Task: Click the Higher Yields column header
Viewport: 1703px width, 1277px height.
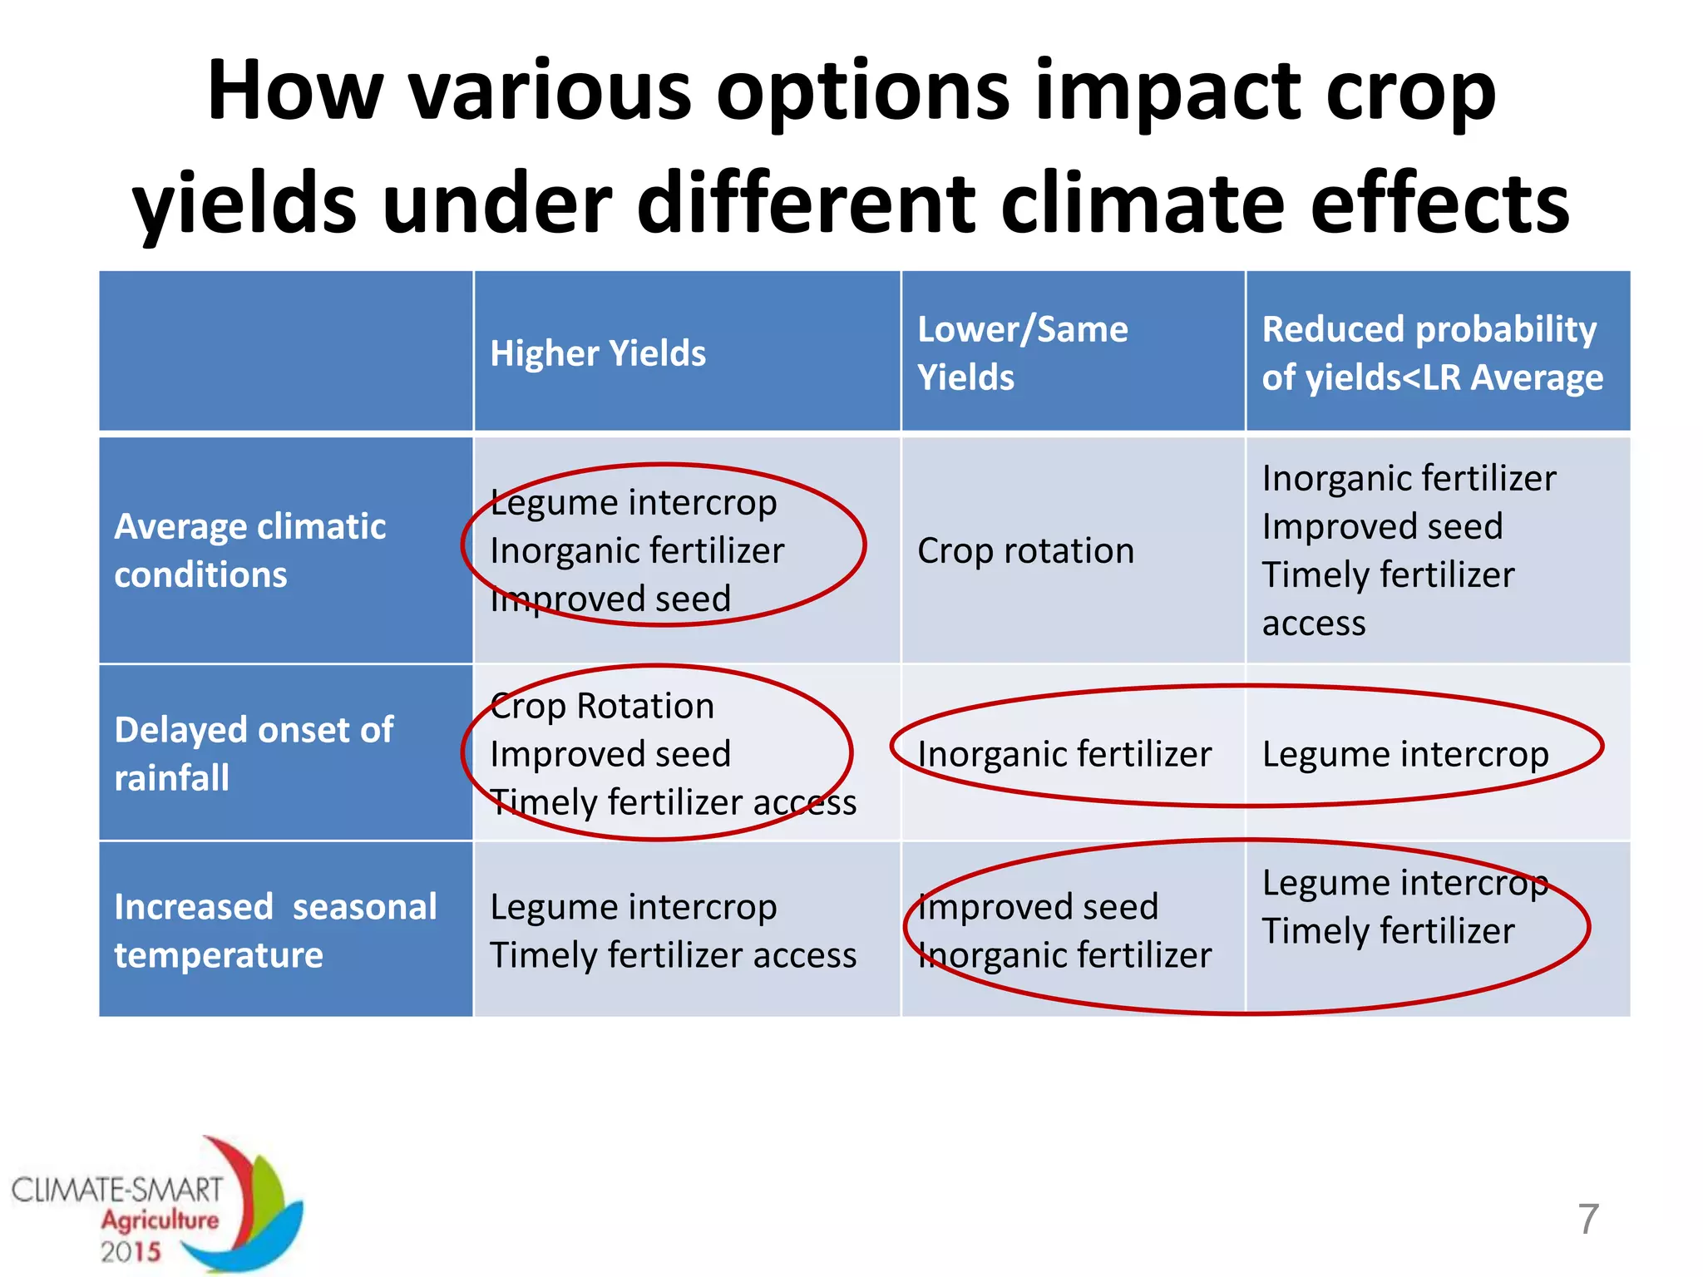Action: tap(598, 353)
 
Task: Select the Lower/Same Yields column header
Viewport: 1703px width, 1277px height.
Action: tap(1022, 353)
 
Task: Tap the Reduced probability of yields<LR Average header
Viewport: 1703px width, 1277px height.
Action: tap(1432, 353)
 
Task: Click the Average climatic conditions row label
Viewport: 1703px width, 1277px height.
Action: tap(249, 550)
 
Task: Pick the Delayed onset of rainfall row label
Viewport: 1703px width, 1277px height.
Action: tap(253, 753)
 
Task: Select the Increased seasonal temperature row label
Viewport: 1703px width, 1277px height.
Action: tap(274, 930)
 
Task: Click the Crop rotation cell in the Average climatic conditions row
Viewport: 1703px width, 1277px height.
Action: tap(1025, 551)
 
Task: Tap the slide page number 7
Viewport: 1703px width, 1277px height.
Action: tap(1588, 1219)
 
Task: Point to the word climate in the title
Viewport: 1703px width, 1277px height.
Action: tap(1143, 203)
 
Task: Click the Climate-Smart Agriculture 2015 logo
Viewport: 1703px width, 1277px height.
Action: tap(158, 1206)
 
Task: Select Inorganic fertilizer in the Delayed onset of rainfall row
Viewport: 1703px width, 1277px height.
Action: tap(1064, 754)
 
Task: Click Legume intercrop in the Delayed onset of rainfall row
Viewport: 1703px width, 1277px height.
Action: tap(1404, 754)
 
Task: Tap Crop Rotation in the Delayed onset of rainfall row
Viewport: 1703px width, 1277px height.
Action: tap(602, 706)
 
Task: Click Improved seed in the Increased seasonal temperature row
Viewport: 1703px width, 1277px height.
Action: tap(1038, 906)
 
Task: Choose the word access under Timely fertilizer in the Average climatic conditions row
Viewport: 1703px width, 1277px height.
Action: tap(1313, 624)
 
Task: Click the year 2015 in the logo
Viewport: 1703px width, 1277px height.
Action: tap(131, 1252)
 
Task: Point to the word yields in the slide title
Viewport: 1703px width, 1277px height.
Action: tap(244, 203)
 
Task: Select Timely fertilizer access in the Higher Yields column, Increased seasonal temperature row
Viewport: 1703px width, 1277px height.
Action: tap(673, 955)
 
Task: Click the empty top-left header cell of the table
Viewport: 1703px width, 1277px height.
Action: tap(285, 351)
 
